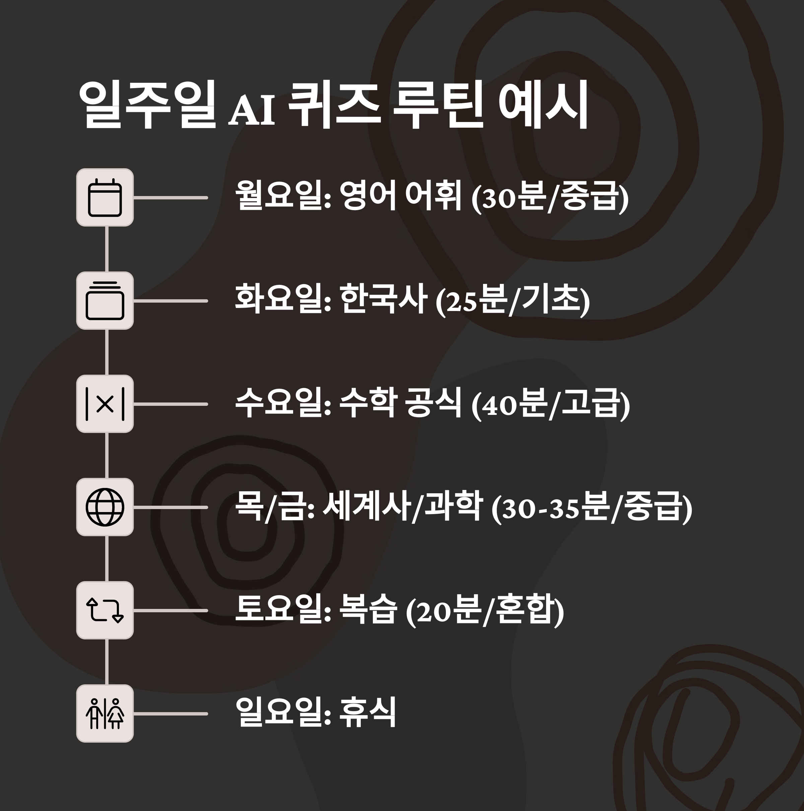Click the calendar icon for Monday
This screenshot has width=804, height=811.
click(105, 197)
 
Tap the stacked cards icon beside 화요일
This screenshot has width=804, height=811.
click(105, 301)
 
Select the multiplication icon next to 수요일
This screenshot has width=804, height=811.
click(105, 404)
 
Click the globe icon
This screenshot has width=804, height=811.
click(105, 507)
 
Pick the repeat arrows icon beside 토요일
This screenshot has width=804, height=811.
click(105, 610)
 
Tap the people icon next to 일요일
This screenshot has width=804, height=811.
click(105, 713)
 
